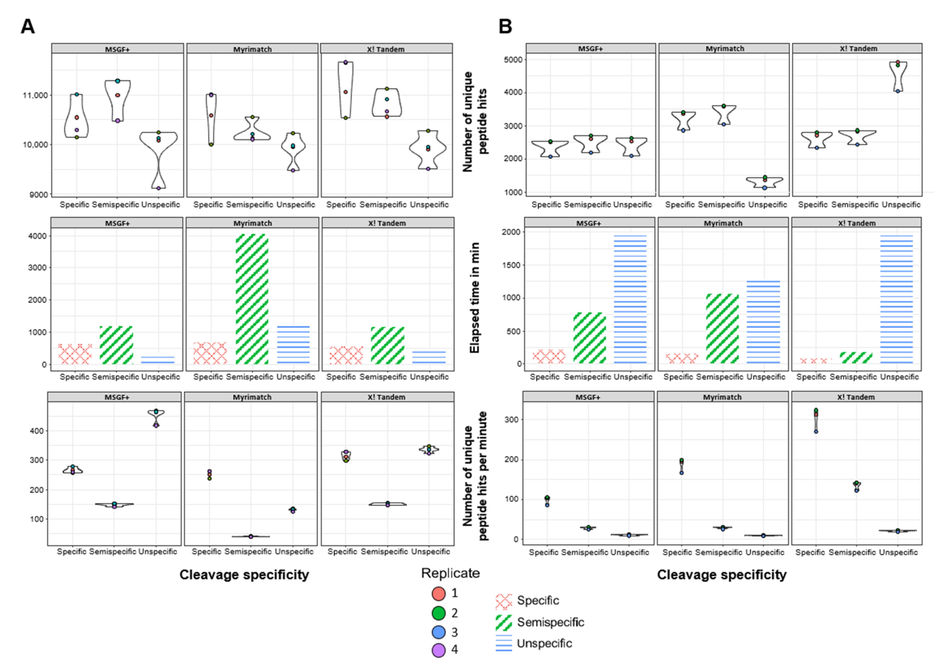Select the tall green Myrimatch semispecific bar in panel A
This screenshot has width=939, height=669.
(252, 299)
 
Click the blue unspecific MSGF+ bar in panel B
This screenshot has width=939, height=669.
(630, 300)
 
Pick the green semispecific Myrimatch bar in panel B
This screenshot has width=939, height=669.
(722, 329)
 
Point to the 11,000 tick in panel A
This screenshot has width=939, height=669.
(35, 95)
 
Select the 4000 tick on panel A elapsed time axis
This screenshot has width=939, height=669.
(38, 236)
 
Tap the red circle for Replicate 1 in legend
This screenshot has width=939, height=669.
(438, 594)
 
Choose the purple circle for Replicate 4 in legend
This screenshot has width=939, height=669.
(438, 650)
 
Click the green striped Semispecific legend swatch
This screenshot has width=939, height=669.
(504, 622)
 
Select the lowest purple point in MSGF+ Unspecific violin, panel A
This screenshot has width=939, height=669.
(158, 188)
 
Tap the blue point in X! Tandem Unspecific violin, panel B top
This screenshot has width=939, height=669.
(897, 91)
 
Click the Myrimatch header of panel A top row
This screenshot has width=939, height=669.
(252, 49)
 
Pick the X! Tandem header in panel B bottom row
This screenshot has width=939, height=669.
(856, 397)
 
